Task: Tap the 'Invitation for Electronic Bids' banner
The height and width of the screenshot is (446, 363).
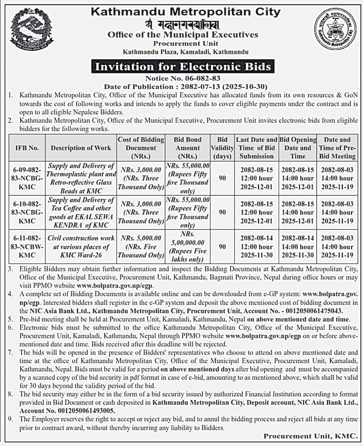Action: click(183, 66)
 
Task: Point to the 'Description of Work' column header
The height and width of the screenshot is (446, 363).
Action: click(81, 148)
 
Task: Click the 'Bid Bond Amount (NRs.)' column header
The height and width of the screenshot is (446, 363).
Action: click(188, 148)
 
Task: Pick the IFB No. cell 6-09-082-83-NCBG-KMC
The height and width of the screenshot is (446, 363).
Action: click(27, 178)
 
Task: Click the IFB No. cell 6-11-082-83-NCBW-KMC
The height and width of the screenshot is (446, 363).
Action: click(27, 247)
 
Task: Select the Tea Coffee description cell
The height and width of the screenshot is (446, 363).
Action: click(81, 212)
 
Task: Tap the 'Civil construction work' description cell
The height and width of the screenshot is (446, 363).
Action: click(81, 247)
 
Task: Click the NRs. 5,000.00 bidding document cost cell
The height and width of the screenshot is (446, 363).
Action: click(141, 247)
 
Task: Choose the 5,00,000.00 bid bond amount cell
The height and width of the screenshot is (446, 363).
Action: click(188, 247)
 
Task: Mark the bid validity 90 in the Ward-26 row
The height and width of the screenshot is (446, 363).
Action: click(222, 247)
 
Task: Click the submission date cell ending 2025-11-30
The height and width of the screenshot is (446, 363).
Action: click(256, 247)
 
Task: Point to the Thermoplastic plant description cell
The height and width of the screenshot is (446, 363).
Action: click(81, 178)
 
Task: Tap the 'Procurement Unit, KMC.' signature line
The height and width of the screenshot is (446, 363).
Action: click(310, 436)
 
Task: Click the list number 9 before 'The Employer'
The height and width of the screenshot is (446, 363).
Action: click(10, 419)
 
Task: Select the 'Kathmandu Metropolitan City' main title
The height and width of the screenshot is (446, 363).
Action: click(186, 12)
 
